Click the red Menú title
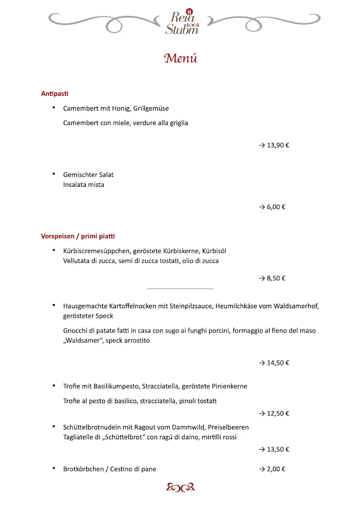coord(180,58)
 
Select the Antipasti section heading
coord(54,93)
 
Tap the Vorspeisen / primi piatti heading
coord(78,236)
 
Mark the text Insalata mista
coord(84,185)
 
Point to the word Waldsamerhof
coord(296,306)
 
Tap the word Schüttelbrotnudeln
coord(92,427)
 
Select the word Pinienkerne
coord(229,386)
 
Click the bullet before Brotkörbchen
coord(53,468)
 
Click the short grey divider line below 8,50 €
coord(180,289)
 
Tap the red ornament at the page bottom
coord(180,487)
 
